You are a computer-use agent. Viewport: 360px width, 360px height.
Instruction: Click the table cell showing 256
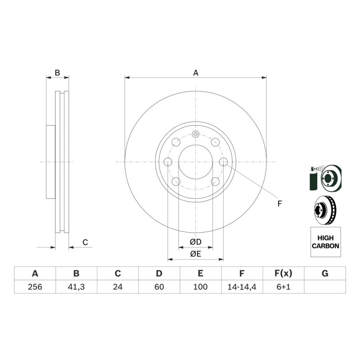pyautogui.click(x=35, y=287)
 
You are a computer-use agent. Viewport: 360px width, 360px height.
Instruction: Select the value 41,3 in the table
pyautogui.click(x=76, y=287)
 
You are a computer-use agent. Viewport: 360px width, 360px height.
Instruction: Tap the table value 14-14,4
pyautogui.click(x=242, y=287)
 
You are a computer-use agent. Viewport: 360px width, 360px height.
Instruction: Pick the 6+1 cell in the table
pyautogui.click(x=283, y=287)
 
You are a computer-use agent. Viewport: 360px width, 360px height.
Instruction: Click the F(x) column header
pyautogui.click(x=283, y=274)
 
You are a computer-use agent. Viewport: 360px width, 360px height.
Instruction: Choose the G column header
pyautogui.click(x=325, y=274)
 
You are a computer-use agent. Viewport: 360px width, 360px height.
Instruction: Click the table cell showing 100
pyautogui.click(x=200, y=287)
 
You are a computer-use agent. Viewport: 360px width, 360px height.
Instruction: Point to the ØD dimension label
pyautogui.click(x=196, y=242)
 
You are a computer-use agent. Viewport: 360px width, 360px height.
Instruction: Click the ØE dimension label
pyautogui.click(x=196, y=254)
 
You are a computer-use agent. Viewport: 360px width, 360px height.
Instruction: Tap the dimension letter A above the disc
pyautogui.click(x=196, y=73)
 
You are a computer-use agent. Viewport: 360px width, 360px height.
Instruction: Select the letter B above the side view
pyautogui.click(x=58, y=73)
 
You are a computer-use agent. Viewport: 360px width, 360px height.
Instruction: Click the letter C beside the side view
pyautogui.click(x=85, y=242)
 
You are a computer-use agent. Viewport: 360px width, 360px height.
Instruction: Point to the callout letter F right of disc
pyautogui.click(x=279, y=204)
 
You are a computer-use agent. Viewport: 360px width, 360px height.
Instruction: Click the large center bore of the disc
pyautogui.click(x=196, y=162)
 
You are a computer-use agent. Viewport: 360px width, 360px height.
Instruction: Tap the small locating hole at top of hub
pyautogui.click(x=196, y=134)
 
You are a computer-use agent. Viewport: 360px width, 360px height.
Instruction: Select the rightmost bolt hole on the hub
pyautogui.click(x=223, y=162)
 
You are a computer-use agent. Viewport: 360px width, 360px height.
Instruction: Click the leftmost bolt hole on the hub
pyautogui.click(x=168, y=162)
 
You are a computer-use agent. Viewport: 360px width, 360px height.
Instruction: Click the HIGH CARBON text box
pyautogui.click(x=325, y=242)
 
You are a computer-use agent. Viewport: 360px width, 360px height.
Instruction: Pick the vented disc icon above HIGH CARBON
pyautogui.click(x=325, y=210)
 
